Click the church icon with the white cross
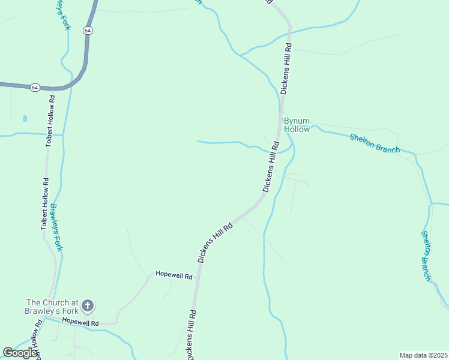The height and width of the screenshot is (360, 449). (x=88, y=307)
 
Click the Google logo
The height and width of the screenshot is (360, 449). (x=20, y=353)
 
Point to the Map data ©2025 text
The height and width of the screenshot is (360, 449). (x=423, y=355)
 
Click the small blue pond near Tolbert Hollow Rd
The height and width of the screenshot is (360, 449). (x=24, y=119)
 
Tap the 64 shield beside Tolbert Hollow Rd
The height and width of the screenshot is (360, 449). (x=35, y=88)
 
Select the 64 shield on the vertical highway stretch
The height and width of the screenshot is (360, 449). (x=88, y=30)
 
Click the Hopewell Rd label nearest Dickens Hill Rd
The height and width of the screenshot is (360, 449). (x=173, y=276)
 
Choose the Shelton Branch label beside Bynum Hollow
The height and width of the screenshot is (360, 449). (x=375, y=143)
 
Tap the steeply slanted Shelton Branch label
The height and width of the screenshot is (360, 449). (x=426, y=256)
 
